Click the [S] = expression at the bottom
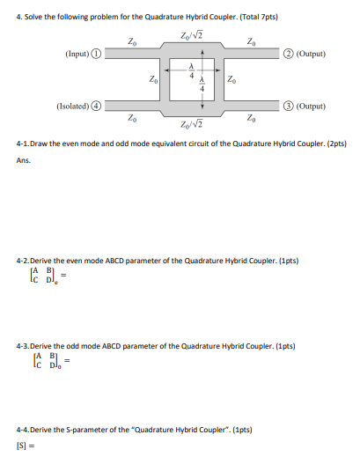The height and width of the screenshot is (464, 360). coord(26,446)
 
